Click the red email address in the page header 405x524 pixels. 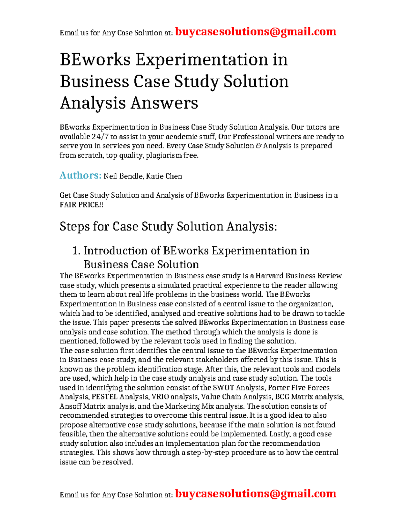pos(256,32)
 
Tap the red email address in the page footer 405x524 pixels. pos(256,494)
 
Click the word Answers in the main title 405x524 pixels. pos(164,103)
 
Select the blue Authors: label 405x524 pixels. pos(80,175)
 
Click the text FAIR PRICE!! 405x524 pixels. pos(81,205)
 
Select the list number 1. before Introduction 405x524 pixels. pos(77,251)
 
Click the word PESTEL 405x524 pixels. pos(105,397)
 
